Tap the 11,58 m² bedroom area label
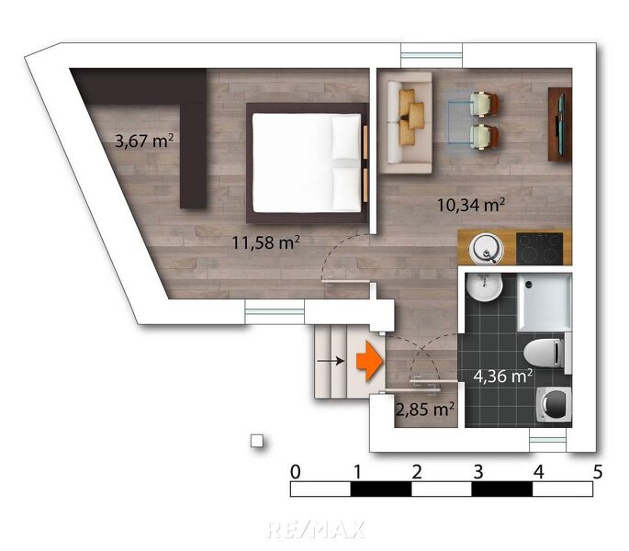pos(264,242)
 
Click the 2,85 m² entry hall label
pos(423,409)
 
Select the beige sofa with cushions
pos(406,122)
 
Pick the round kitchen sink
pos(485,248)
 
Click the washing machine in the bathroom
pos(554,403)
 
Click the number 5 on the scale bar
pos(598,472)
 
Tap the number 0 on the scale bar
pos(295,472)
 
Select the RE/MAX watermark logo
pos(315,529)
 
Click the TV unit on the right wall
pos(559,124)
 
